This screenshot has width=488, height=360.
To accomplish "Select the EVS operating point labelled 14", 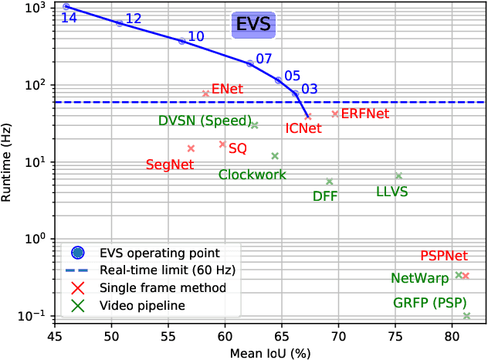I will click(66, 6).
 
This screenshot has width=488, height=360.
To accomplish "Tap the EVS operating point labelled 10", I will click(182, 41).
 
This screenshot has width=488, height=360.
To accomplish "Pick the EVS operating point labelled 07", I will click(250, 63).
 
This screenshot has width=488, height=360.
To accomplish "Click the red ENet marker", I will click(206, 93).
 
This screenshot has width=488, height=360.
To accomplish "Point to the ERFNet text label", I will click(365, 114).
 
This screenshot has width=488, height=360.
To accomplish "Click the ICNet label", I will click(303, 128).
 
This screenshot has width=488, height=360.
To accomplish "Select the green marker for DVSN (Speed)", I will click(255, 124).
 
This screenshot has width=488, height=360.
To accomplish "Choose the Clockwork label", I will click(252, 175).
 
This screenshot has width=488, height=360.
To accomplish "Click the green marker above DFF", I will click(330, 182).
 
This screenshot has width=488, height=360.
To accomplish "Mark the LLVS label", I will click(391, 191).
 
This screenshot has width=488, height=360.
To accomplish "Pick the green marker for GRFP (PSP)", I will click(466, 315).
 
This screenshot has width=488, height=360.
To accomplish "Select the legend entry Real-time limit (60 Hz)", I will click(168, 270).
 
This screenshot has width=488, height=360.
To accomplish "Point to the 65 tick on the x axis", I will click(282, 337).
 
